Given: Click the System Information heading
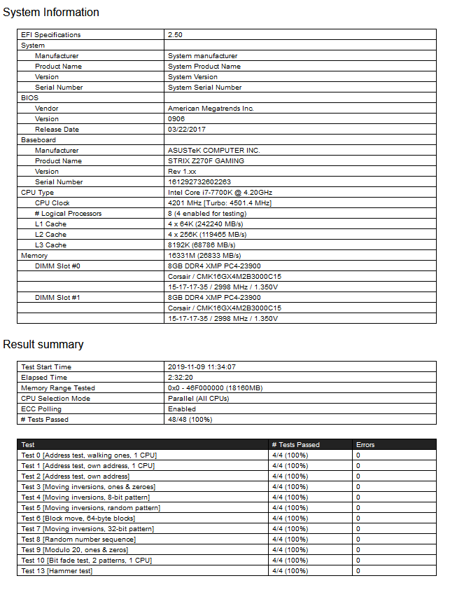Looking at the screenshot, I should pos(51,13).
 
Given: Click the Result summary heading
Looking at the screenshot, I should pos(43,345).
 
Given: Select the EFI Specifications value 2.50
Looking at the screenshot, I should pos(175,35).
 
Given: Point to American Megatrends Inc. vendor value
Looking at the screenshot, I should pos(211,109).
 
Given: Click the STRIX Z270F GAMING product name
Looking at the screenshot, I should pos(206,161).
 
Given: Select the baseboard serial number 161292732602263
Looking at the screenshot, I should pos(199,182).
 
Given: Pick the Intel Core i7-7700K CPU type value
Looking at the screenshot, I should pos(220,193).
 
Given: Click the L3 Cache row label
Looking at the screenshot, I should pos(51,245).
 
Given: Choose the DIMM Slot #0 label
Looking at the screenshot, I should pos(57,266).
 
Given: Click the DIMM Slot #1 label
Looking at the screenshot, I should pos(57,298).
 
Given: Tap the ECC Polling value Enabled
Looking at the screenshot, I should pos(182,409).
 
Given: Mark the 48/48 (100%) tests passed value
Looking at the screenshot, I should pos(190,420).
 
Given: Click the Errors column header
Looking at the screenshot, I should pos(365,445).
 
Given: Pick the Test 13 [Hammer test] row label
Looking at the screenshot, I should pos(57,571).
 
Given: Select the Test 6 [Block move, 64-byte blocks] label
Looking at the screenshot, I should pos(78,519).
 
